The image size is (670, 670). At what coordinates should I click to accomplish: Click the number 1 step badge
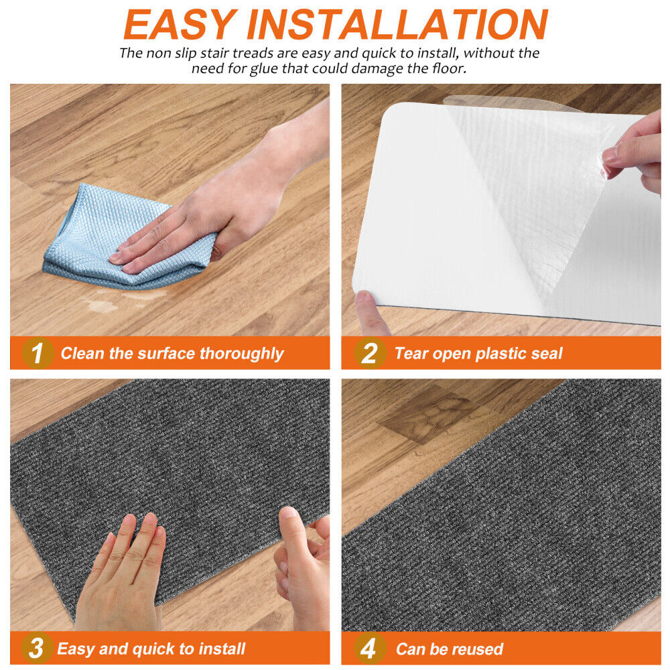pyautogui.click(x=37, y=353)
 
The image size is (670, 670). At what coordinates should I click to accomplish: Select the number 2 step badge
pyautogui.click(x=370, y=353)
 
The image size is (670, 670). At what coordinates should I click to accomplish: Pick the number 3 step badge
pyautogui.click(x=36, y=648)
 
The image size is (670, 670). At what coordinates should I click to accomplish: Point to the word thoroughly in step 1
pyautogui.click(x=241, y=354)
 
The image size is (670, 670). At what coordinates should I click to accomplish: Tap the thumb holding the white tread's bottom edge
pyautogui.click(x=371, y=313)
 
